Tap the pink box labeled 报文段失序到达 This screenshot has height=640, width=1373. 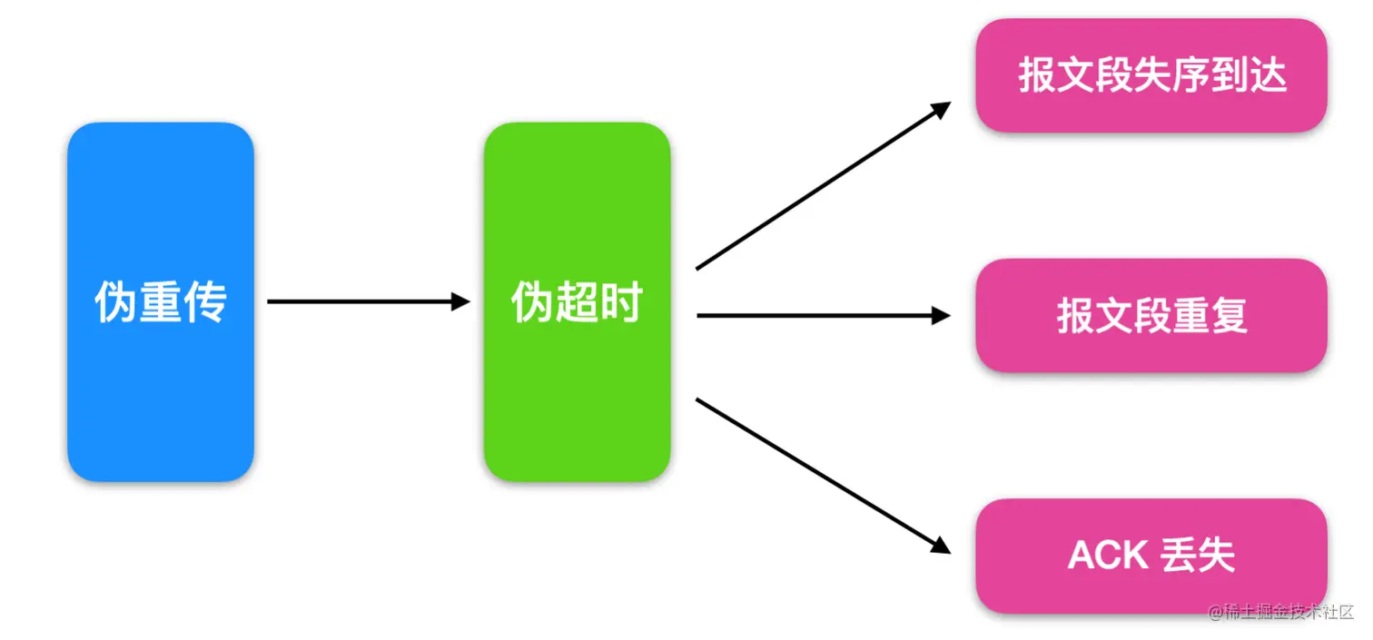pyautogui.click(x=1151, y=76)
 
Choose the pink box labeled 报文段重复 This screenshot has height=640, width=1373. pyautogui.click(x=1151, y=316)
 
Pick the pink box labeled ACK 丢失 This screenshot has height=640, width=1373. pyautogui.click(x=1151, y=556)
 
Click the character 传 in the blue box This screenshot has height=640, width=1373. pyautogui.click(x=205, y=303)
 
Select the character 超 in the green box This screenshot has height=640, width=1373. pyautogui.click(x=577, y=303)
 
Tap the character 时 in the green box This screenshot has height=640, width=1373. pyautogui.click(x=621, y=303)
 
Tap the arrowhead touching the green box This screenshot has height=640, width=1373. pyautogui.click(x=461, y=302)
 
